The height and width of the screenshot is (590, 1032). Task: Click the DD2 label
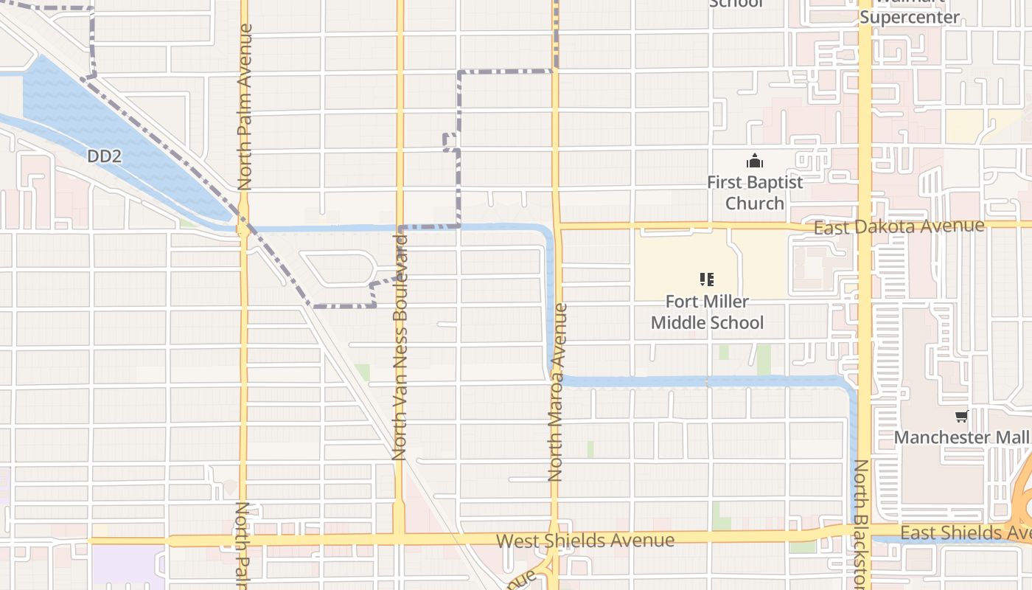point(103,156)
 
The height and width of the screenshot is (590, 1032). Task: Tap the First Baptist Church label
point(755,192)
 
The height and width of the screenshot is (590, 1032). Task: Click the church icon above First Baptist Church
point(755,161)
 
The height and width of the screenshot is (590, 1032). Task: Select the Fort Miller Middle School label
point(707,312)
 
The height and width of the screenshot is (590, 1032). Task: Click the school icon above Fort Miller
point(707,280)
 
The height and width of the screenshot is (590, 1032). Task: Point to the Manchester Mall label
point(961,437)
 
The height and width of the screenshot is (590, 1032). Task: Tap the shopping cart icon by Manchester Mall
point(961,417)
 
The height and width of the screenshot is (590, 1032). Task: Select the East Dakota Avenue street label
point(899,227)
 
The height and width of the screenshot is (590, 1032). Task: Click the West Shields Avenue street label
point(585,541)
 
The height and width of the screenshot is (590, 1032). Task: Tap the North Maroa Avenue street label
point(557,392)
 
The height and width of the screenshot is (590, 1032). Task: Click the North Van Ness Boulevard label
point(400,347)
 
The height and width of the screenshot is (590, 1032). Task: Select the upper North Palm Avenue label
point(245,107)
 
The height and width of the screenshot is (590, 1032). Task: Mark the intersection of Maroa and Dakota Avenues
point(557,226)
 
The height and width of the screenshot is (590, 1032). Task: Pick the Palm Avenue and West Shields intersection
point(243,541)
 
